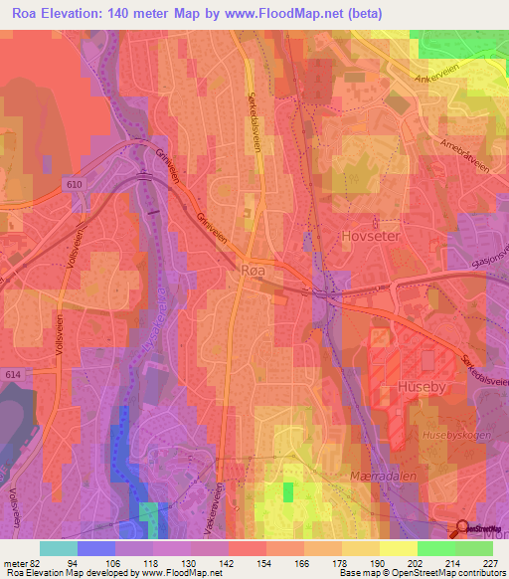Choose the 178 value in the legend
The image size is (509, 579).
pyautogui.click(x=340, y=562)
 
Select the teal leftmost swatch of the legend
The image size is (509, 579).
pyautogui.click(x=58, y=548)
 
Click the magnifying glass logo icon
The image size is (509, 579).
pyautogui.click(x=462, y=530)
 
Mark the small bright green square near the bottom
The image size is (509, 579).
pyautogui.click(x=288, y=491)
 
